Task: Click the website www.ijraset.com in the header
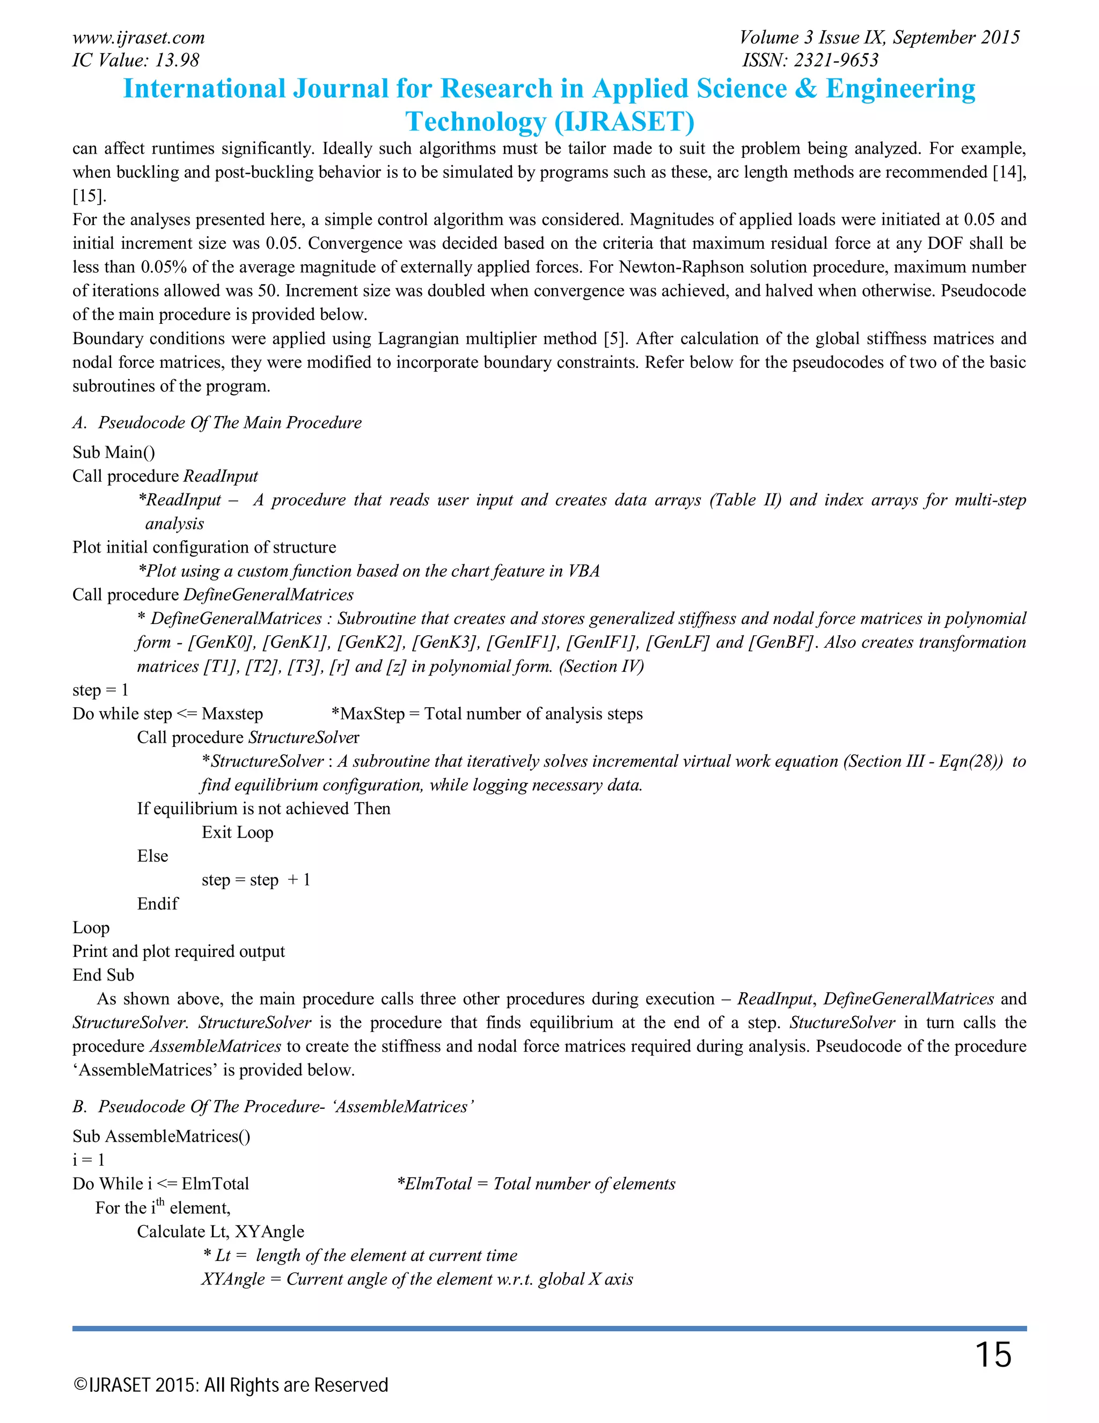pyautogui.click(x=138, y=38)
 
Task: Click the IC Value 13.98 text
pyautogui.click(x=135, y=60)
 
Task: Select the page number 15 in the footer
pyautogui.click(x=993, y=1355)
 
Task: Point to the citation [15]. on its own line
pyautogui.click(x=89, y=195)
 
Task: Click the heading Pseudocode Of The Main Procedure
pyautogui.click(x=229, y=422)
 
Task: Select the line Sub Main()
pyautogui.click(x=113, y=452)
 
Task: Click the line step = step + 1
pyautogui.click(x=255, y=880)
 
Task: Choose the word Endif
pyautogui.click(x=158, y=904)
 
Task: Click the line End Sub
pyautogui.click(x=103, y=975)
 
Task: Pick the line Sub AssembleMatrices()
pyautogui.click(x=161, y=1136)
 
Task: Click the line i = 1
pyautogui.click(x=88, y=1160)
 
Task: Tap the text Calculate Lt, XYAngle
pyautogui.click(x=220, y=1231)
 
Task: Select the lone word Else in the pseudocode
pyautogui.click(x=152, y=856)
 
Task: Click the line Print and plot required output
pyautogui.click(x=178, y=952)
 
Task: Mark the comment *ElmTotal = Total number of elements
pyautogui.click(x=536, y=1184)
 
